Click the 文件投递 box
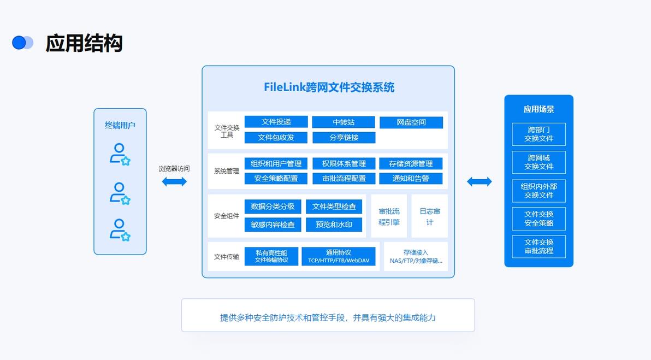(x=276, y=122)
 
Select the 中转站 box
(x=344, y=122)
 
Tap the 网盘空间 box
(x=411, y=122)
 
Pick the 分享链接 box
(x=344, y=138)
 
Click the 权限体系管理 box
(x=344, y=164)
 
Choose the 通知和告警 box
(x=411, y=179)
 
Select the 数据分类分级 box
(x=273, y=206)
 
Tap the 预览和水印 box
(x=334, y=225)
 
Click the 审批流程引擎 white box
(x=389, y=216)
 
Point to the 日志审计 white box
(x=429, y=216)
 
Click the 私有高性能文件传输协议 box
(x=271, y=257)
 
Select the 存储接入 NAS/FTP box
(x=416, y=257)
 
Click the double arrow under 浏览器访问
(x=174, y=181)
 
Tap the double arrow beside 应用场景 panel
(x=479, y=181)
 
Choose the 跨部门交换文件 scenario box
(x=538, y=134)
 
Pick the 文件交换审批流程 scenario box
(x=538, y=247)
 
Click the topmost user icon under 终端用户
(x=120, y=154)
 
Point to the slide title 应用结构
(x=84, y=43)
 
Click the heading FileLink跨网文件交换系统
(x=329, y=87)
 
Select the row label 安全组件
(x=226, y=216)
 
